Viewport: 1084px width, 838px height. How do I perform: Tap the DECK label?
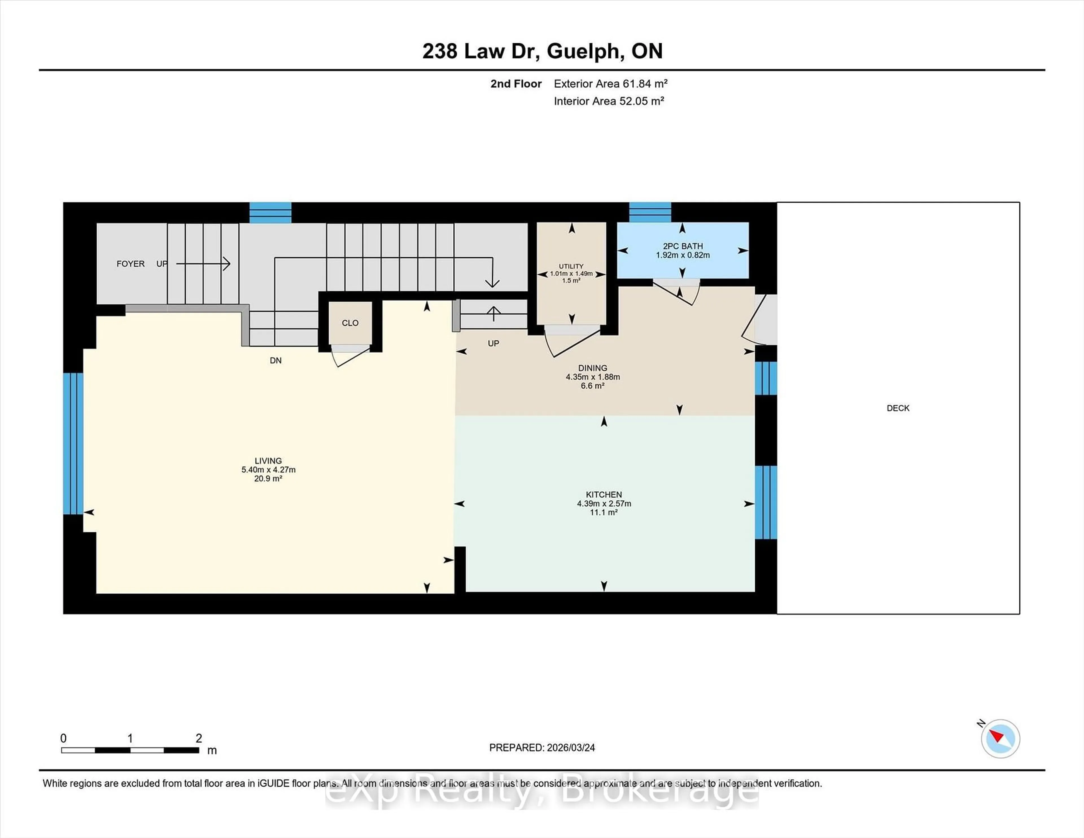coord(898,408)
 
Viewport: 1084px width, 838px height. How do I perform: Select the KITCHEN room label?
coord(604,494)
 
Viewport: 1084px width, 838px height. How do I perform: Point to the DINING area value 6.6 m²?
coord(592,386)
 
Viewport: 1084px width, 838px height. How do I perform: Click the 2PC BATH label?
coord(683,246)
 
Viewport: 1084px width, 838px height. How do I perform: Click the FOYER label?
coord(130,264)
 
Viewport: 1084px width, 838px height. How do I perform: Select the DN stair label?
coord(276,361)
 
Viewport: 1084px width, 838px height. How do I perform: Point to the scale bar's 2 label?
coord(198,738)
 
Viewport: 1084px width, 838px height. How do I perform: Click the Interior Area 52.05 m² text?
coord(609,101)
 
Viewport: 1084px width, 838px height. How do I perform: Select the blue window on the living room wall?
coord(73,443)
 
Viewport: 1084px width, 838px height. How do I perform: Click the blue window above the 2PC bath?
coord(650,213)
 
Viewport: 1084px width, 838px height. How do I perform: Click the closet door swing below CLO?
coord(351,356)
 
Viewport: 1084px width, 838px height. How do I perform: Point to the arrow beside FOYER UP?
coord(204,264)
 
